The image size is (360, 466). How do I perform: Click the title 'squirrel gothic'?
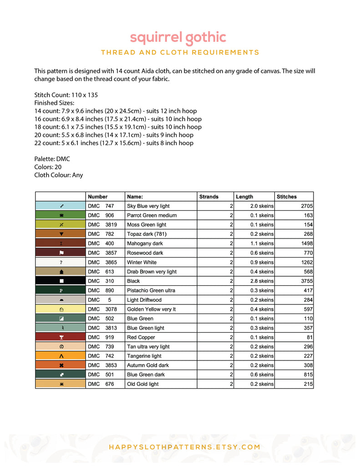pos(178,37)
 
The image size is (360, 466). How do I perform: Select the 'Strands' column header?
pos(209,197)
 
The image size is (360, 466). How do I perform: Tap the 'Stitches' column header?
pos(287,197)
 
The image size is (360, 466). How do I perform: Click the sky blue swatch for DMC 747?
pos(61,206)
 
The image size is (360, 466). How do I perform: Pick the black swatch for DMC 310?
pos(61,281)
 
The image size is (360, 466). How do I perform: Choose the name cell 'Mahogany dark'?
pos(145,243)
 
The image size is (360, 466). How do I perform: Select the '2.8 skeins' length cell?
pos(262,281)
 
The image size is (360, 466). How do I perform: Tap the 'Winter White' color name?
pos(142,263)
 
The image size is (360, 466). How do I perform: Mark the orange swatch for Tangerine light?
pos(61,356)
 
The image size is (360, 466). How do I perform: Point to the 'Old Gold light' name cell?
pos(143,384)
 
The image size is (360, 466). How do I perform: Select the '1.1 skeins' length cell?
pos(262,243)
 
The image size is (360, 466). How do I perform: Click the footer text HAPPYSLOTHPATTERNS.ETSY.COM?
pos(184,447)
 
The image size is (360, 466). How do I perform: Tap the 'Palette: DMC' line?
pos(52,159)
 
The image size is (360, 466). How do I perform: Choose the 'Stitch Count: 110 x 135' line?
pos(66,95)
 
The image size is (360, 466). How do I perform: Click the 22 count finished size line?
pos(114,143)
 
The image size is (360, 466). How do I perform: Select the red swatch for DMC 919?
pos(61,337)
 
